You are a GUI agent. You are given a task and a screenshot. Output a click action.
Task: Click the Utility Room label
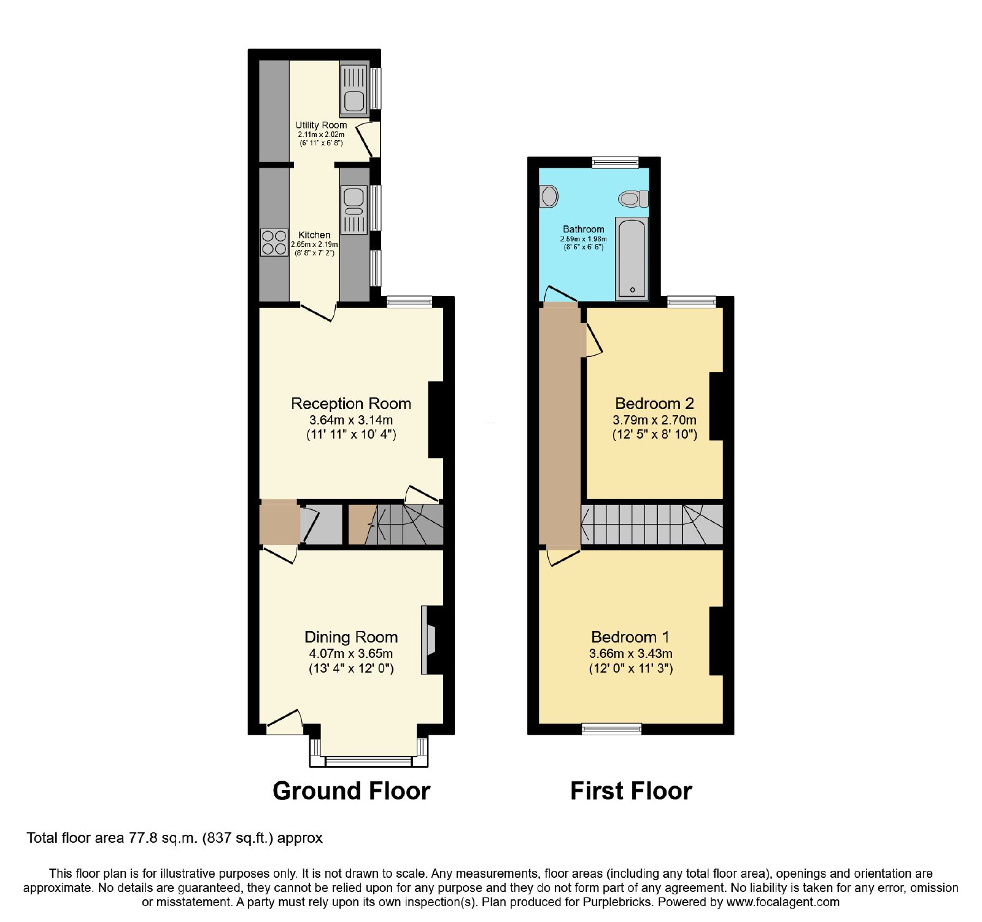click(x=321, y=125)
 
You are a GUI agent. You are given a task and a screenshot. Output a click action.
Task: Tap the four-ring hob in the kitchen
click(x=274, y=242)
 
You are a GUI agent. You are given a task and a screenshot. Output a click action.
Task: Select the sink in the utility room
click(x=354, y=91)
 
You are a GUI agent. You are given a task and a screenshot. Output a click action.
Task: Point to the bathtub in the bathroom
click(x=632, y=259)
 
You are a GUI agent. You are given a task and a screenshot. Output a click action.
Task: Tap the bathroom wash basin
click(x=549, y=197)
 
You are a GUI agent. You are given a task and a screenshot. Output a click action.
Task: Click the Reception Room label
click(x=351, y=404)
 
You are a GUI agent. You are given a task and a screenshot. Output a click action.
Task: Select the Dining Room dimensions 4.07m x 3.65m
click(x=351, y=654)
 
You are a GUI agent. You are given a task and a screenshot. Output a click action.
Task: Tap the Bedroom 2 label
click(x=654, y=404)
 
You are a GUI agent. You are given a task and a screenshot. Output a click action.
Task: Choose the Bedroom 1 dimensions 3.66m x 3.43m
click(x=631, y=654)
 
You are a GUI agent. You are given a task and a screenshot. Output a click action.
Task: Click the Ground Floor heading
click(x=352, y=791)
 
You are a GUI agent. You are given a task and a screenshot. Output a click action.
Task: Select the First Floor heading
click(x=631, y=791)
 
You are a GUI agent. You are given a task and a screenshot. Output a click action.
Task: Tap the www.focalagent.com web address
click(x=783, y=902)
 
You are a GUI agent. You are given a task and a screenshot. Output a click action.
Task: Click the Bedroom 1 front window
click(x=612, y=729)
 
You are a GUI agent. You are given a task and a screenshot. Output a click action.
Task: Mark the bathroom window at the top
click(x=615, y=162)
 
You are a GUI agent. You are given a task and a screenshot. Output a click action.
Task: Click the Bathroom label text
click(x=584, y=229)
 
